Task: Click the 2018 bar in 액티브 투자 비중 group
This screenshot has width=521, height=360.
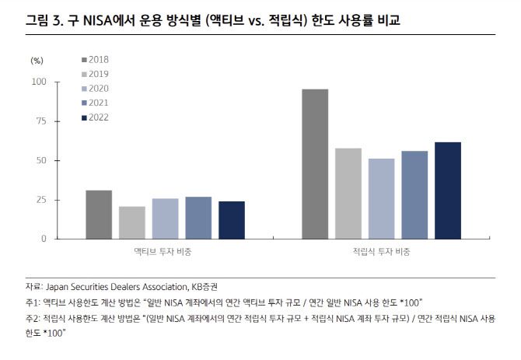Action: tap(99, 215)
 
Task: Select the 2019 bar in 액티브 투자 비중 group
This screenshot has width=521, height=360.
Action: tap(132, 222)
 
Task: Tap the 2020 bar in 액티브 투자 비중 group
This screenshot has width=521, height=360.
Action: tap(165, 218)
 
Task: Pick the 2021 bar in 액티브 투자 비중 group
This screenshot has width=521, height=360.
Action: tap(198, 218)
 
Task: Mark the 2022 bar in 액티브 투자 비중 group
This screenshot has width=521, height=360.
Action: tap(231, 220)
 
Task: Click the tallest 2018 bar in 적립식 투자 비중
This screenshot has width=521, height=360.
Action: tap(315, 164)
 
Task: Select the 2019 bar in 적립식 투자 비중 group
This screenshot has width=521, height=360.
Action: tap(348, 194)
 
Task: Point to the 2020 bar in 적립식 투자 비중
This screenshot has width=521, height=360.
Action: tap(381, 198)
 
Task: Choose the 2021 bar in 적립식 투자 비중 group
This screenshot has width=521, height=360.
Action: tap(414, 194)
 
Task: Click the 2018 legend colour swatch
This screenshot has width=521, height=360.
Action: tap(84, 60)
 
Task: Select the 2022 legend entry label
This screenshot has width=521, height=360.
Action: tap(99, 117)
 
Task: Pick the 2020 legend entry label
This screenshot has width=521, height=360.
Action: tap(99, 89)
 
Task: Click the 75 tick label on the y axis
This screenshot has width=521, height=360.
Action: tap(40, 121)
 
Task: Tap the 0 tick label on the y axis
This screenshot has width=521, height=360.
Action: tap(44, 239)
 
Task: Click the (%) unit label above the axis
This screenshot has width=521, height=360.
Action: tap(37, 59)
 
